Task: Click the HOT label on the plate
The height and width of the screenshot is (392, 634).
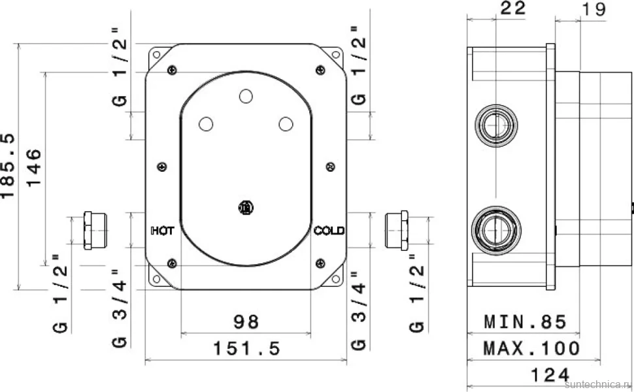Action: (x=163, y=231)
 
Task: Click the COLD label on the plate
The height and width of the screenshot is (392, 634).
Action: (x=329, y=231)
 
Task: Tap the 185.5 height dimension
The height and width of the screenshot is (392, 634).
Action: (x=8, y=166)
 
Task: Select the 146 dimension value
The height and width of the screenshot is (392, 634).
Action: (x=34, y=167)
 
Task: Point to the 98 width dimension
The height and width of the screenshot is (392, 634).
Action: (x=246, y=322)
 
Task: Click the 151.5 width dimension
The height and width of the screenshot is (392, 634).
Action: (x=246, y=348)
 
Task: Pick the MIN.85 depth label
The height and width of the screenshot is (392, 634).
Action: (x=526, y=322)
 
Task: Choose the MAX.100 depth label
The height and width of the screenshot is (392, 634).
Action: (x=531, y=348)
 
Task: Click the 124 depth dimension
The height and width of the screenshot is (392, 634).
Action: (x=550, y=375)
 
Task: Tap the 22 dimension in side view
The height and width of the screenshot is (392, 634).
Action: (x=512, y=8)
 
